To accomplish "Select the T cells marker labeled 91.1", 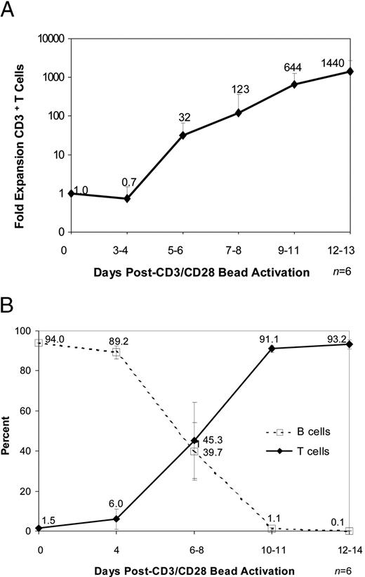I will (279, 348).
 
